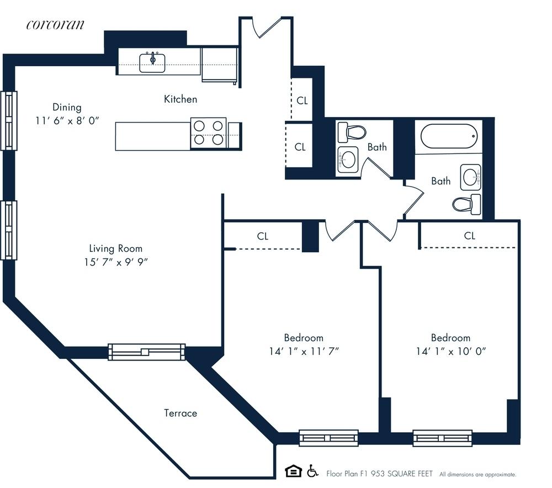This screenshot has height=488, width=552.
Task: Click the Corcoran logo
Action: coord(56,24)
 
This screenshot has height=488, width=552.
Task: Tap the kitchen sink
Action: coord(152,62)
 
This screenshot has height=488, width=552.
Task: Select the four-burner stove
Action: coord(209,133)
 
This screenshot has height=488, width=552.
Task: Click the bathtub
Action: coord(448,136)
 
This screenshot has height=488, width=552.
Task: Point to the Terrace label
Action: coord(181,413)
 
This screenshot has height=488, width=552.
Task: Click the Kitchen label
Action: coord(181,99)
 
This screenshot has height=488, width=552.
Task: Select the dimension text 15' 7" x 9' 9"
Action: coord(116,261)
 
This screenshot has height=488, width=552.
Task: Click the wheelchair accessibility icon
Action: coord(312,471)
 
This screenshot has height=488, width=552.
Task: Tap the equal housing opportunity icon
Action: coord(293,471)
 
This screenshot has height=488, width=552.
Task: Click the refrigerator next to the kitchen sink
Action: coord(220,65)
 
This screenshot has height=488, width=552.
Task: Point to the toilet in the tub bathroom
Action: coord(467,205)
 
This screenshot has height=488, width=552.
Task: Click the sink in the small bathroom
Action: coord(347,160)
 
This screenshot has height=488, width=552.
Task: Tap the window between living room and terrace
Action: coord(146,352)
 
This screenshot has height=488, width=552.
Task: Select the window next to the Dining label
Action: coord(9,120)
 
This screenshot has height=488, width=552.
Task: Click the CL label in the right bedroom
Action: coord(469,236)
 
